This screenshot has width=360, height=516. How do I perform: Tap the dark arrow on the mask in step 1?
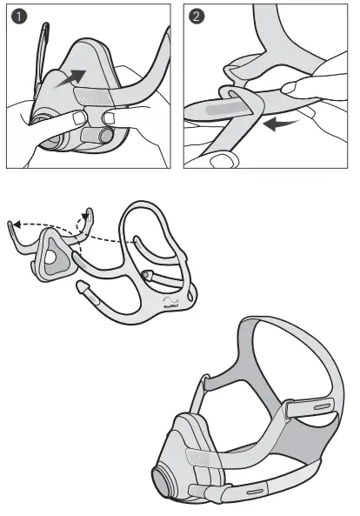(73, 79)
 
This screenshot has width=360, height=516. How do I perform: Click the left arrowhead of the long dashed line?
(11, 224)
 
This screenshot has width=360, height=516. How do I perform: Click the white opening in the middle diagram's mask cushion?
(53, 258)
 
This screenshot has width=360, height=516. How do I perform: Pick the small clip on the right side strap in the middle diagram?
(149, 277)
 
